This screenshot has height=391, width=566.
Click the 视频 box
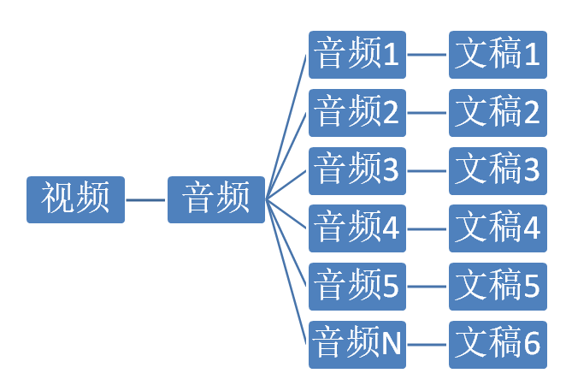pyautogui.click(x=75, y=199)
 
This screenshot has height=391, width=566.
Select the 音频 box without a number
pyautogui.click(x=216, y=199)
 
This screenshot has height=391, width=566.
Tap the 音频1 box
pyautogui.click(x=357, y=55)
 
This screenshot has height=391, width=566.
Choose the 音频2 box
pyautogui.click(x=357, y=113)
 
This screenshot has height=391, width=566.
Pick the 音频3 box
pyautogui.click(x=357, y=170)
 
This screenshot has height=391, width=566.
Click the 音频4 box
pyautogui.click(x=357, y=228)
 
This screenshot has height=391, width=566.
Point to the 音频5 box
pyautogui.click(x=357, y=287)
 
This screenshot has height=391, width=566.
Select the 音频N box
pyautogui.click(x=357, y=345)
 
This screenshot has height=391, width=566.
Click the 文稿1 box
pyautogui.click(x=498, y=55)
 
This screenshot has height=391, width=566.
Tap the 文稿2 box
pyautogui.click(x=498, y=113)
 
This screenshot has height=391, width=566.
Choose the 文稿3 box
pyautogui.click(x=498, y=170)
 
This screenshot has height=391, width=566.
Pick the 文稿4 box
pyautogui.click(x=498, y=228)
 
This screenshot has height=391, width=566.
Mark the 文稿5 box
pyautogui.click(x=498, y=287)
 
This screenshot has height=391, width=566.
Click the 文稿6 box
pyautogui.click(x=498, y=345)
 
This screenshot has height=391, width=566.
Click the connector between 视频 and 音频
pyautogui.click(x=146, y=199)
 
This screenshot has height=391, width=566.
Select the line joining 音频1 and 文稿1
pyautogui.click(x=427, y=55)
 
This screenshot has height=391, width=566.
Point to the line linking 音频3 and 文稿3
pyautogui.click(x=427, y=170)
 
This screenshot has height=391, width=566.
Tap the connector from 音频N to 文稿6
pyautogui.click(x=427, y=345)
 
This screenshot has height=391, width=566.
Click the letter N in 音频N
pyautogui.click(x=391, y=345)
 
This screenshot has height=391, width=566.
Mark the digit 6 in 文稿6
pyautogui.click(x=531, y=345)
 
